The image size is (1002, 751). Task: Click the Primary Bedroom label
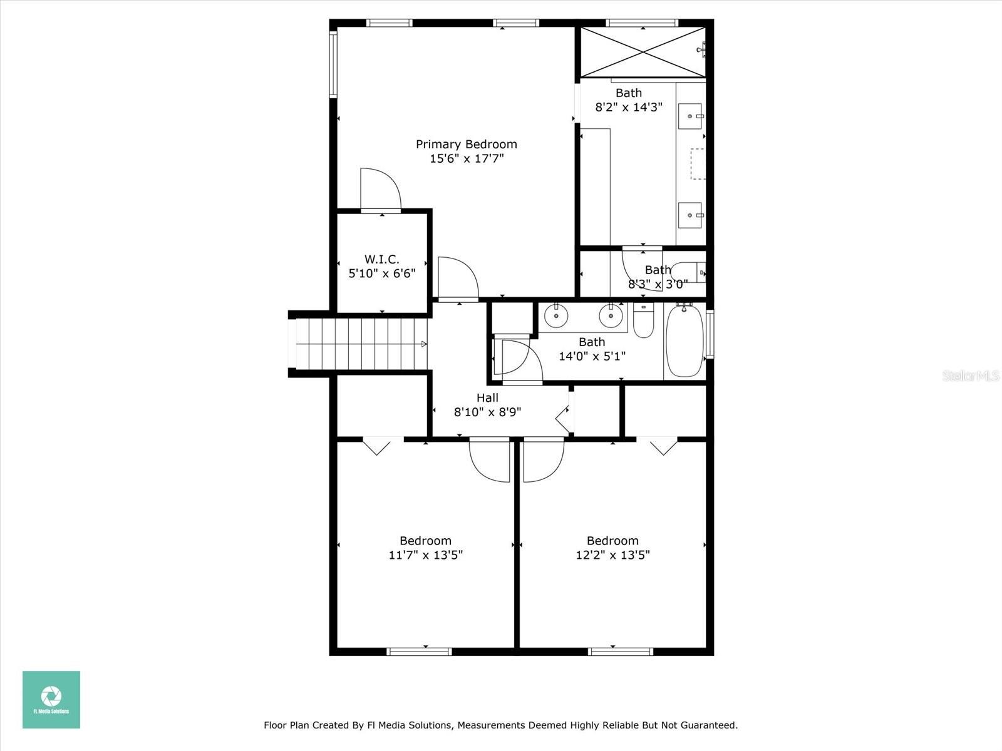tap(467, 145)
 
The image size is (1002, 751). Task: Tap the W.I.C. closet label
tap(382, 259)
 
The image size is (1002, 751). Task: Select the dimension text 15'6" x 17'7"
tap(467, 159)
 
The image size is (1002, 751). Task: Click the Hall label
tap(487, 398)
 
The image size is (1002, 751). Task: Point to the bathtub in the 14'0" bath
tap(684, 341)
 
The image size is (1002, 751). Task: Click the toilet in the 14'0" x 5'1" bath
tap(643, 321)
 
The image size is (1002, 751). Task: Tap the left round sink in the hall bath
tap(555, 316)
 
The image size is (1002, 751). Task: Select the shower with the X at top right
tap(643, 52)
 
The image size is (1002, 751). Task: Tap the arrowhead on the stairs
tap(424, 344)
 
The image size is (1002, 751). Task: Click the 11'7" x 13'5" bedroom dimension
tap(426, 555)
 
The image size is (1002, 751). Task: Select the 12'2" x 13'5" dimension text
tap(612, 555)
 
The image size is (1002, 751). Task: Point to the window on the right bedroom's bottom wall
tap(621, 651)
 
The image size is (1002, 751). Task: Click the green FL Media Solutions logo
tap(51, 700)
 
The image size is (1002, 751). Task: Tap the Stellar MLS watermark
tap(971, 375)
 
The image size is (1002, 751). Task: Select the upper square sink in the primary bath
tap(691, 116)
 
